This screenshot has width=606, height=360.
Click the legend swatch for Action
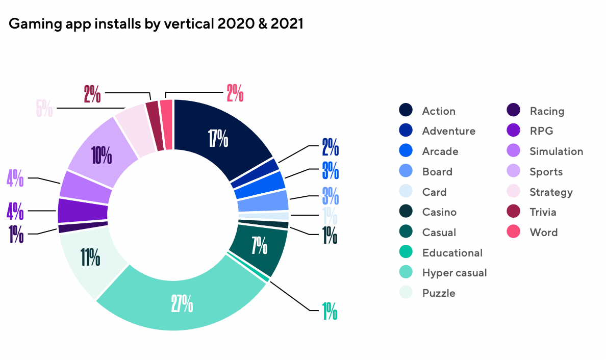tap(406, 111)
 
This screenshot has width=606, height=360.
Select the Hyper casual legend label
tap(454, 273)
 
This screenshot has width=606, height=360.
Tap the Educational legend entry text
tap(452, 252)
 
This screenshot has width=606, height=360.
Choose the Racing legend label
tap(547, 111)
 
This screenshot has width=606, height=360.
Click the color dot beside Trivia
tap(513, 212)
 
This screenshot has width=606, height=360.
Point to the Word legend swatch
tap(513, 233)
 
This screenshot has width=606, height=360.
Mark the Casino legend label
tap(439, 212)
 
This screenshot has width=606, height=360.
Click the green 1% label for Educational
tap(330, 311)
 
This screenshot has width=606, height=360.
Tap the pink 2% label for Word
tap(235, 94)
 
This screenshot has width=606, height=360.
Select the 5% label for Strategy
tap(44, 108)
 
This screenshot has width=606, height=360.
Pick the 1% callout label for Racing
tap(16, 234)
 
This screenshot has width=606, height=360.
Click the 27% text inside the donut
tap(183, 304)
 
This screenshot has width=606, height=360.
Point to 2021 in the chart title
tap(286, 24)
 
